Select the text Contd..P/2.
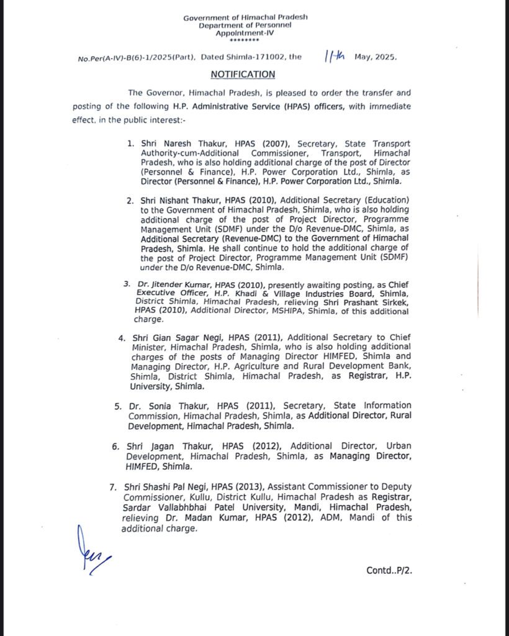tap(389, 570)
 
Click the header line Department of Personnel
tap(245, 25)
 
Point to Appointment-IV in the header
tap(245, 33)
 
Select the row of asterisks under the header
tap(245, 41)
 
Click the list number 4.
tap(122, 338)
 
